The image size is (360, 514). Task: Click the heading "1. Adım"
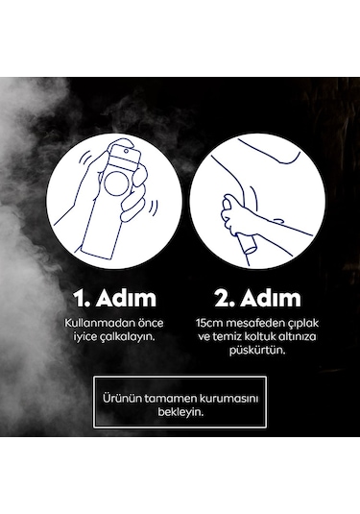(115, 298)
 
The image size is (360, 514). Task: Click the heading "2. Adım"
(257, 298)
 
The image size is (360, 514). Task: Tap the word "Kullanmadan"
(95, 323)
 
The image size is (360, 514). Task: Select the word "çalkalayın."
(130, 336)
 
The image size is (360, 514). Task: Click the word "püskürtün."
(257, 351)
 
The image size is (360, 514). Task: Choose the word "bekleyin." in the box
(180, 412)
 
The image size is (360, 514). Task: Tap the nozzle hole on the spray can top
(126, 151)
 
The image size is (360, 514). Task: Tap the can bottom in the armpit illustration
(251, 249)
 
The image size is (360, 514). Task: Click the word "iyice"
(85, 337)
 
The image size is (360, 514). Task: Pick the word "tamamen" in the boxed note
(170, 399)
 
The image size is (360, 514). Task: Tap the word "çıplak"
(301, 324)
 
